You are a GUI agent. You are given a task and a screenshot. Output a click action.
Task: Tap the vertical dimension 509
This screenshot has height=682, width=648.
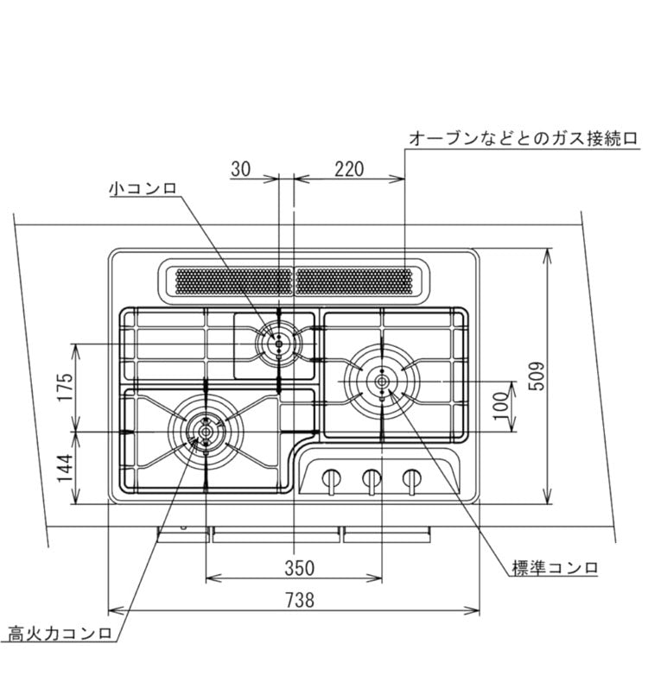(536, 376)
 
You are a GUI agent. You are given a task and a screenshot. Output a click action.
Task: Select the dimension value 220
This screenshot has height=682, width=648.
(348, 169)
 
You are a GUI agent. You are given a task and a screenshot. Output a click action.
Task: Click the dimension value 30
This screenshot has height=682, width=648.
(241, 169)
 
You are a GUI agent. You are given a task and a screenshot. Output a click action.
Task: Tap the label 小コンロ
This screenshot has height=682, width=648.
(143, 187)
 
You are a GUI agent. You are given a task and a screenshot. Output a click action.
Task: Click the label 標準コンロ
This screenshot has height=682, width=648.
(555, 567)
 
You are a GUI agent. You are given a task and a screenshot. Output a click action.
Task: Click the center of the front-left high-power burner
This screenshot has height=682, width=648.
(206, 429)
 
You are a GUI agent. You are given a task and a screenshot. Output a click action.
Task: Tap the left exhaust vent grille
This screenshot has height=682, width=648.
(233, 281)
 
